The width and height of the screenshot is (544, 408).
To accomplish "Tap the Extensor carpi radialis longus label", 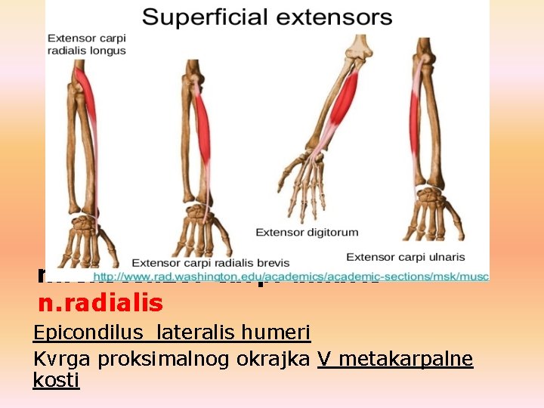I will (87, 44).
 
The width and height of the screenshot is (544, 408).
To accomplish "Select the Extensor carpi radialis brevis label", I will (211, 263).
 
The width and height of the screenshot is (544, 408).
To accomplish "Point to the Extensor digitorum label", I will (307, 232).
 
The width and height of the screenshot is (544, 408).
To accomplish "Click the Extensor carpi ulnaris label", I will (406, 258).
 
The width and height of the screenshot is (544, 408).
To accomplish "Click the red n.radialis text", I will (100, 303).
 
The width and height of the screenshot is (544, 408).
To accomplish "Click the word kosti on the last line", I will (56, 380).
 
